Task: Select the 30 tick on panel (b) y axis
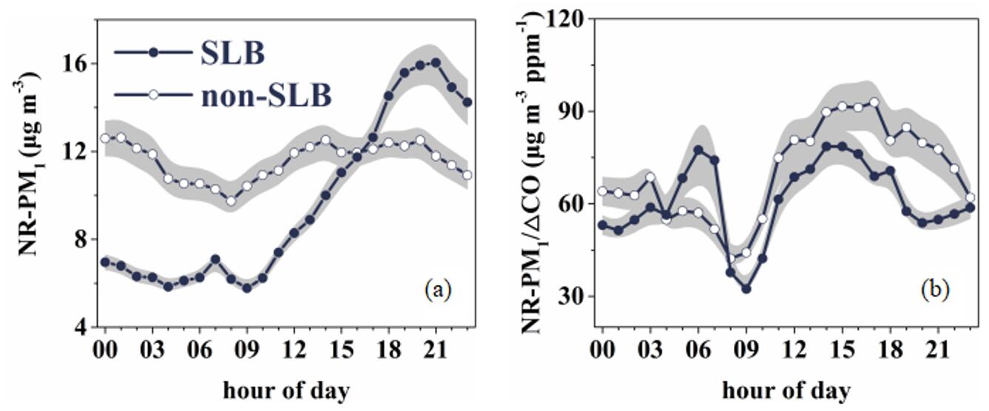573,296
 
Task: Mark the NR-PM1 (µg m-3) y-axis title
34,174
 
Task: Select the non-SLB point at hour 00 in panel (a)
105,138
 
